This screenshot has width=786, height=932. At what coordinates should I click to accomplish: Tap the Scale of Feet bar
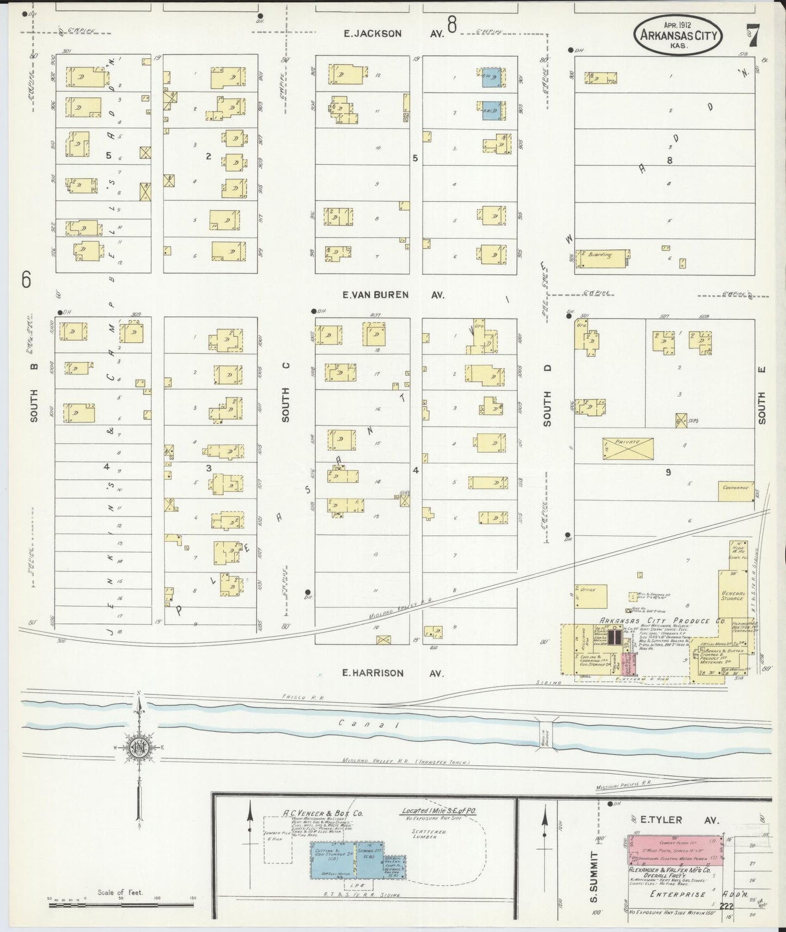click(121, 905)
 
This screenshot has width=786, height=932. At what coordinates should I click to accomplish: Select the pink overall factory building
click(675, 849)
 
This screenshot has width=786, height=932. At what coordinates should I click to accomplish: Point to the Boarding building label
click(599, 254)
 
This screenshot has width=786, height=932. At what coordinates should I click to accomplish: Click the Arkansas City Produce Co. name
click(654, 621)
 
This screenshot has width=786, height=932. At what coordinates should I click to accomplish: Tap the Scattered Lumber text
click(428, 834)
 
